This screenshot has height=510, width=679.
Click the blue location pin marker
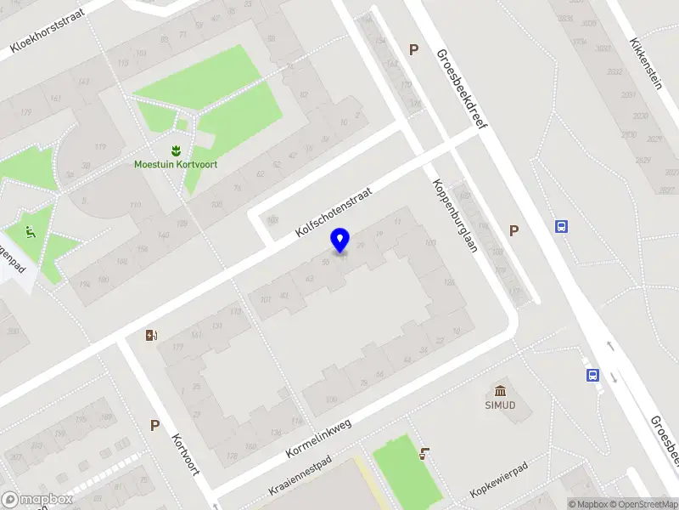(x=340, y=241)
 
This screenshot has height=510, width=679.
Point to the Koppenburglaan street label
(x=456, y=216)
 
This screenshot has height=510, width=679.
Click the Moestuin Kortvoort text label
(x=175, y=165)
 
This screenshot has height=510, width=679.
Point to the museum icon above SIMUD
(x=502, y=392)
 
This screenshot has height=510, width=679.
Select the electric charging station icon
(x=152, y=335)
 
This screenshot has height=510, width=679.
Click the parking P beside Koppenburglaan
(x=513, y=230)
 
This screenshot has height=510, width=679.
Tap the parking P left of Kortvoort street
(x=154, y=425)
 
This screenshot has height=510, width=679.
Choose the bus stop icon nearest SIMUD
(x=592, y=375)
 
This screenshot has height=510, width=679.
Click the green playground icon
(x=31, y=230)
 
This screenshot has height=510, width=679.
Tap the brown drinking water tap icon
(x=424, y=454)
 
